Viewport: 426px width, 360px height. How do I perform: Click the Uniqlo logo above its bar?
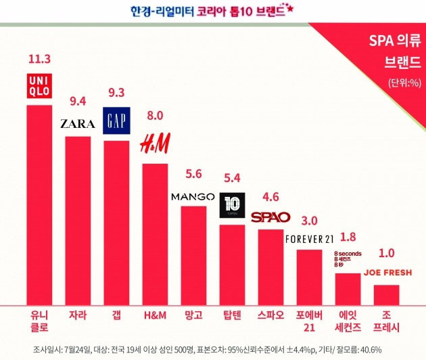click(39, 87)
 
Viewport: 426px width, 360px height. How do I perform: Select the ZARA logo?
click(77, 124)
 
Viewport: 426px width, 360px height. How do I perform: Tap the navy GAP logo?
click(116, 120)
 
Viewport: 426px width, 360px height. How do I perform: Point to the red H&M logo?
click(154, 143)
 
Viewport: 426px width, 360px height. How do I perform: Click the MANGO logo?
click(193, 197)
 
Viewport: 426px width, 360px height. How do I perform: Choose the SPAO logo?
click(270, 217)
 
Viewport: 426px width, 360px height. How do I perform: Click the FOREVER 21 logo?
click(310, 239)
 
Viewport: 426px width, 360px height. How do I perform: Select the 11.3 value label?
click(39, 59)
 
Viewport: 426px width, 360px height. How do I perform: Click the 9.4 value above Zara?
click(77, 102)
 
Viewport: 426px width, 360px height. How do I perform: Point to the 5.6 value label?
click(193, 173)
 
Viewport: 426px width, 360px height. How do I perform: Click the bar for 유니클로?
click(39, 203)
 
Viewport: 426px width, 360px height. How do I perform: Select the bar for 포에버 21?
click(310, 277)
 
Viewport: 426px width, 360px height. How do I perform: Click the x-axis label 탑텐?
click(232, 315)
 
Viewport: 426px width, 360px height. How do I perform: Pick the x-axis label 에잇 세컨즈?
click(348, 321)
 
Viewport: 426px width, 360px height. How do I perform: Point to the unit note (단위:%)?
click(403, 83)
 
